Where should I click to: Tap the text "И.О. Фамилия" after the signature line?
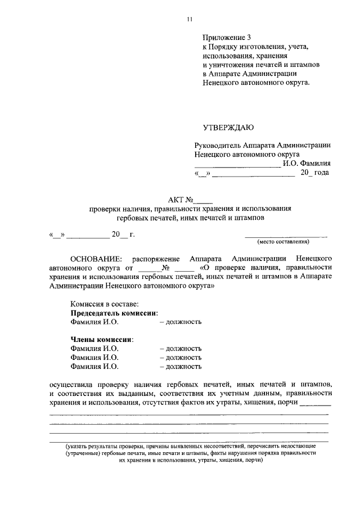[x=307, y=164]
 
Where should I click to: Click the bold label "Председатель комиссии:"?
[x=114, y=313]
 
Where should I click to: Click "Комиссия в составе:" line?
[x=104, y=304]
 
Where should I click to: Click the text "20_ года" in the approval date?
[x=315, y=173]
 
